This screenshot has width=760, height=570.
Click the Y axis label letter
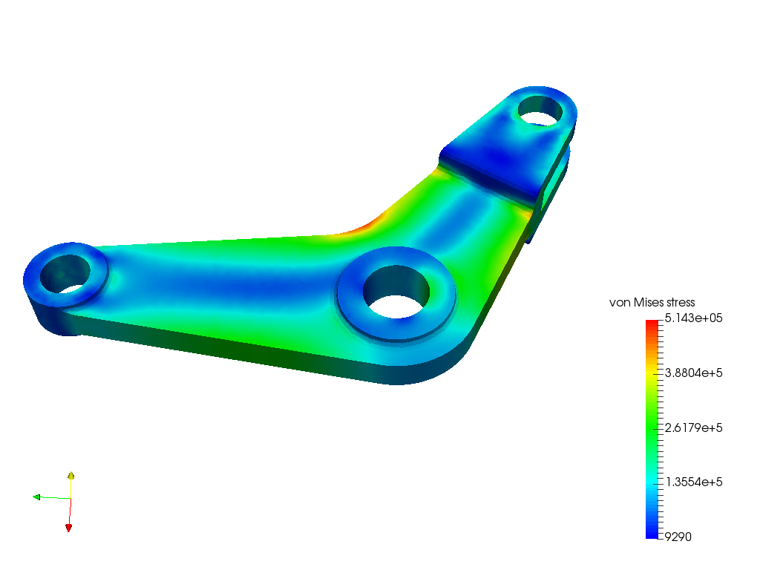76,473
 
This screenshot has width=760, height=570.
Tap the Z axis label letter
45,493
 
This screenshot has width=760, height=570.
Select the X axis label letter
74,522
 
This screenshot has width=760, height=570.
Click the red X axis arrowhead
69,526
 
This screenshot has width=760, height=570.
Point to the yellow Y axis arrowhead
71,474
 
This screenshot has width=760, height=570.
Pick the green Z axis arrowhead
36,497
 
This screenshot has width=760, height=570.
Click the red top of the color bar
652,325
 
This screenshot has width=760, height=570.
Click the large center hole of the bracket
395,290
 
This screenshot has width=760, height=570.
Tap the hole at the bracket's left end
64,272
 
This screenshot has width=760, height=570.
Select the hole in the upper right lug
540,110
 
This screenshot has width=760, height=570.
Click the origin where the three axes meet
71,498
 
